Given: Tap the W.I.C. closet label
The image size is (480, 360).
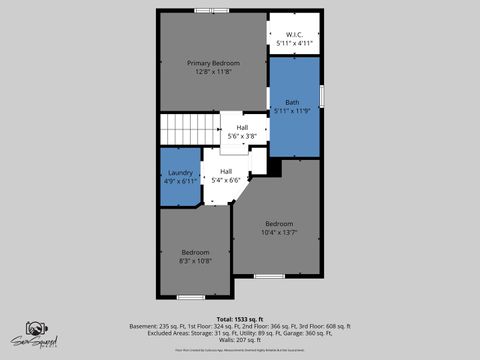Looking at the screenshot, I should pos(294,35).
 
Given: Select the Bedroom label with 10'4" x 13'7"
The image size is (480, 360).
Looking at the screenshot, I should pos(279,223).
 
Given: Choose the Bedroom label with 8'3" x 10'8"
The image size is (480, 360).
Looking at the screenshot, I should pos(195,252).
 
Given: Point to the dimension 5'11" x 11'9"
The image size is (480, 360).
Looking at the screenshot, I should pos(293,109).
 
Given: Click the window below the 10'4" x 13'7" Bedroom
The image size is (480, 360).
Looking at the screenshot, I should pos(269,276).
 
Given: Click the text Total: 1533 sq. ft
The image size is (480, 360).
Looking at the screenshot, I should pos(240,319).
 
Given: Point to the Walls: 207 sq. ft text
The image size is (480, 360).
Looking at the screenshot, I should pos(240,341).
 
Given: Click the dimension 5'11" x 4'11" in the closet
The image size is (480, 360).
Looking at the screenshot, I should pos(294,44).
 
